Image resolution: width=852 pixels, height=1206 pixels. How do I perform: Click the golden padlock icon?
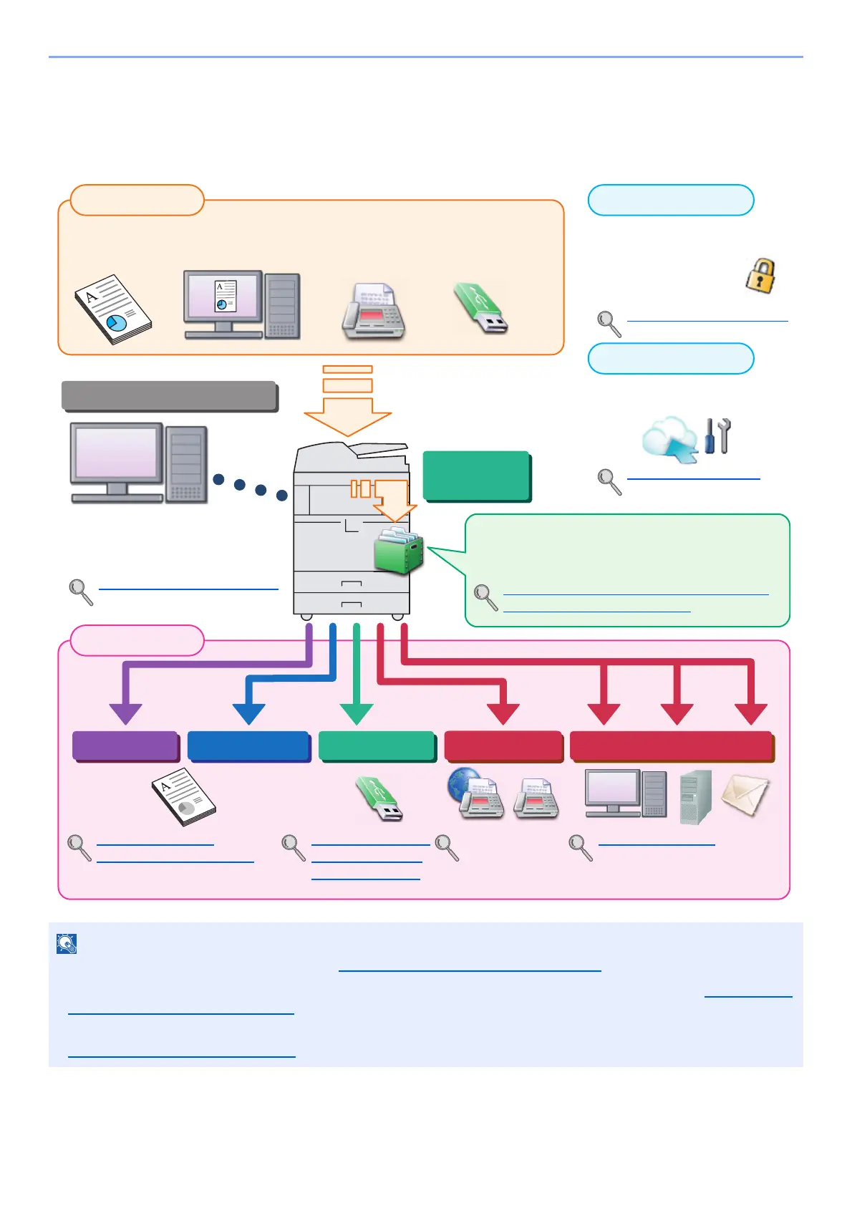760,276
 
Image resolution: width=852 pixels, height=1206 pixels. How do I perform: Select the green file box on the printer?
398,551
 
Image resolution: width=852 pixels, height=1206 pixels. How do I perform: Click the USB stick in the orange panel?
480,309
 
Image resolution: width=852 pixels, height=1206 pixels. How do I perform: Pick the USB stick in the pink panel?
379,799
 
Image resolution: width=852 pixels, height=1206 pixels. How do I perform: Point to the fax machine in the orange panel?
373,312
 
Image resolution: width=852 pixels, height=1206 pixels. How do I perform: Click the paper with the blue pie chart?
113,309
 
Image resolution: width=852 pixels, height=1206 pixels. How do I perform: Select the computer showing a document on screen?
241,304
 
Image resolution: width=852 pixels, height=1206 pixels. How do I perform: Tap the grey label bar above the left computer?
169,395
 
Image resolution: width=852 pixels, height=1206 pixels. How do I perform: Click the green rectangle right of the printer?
476,475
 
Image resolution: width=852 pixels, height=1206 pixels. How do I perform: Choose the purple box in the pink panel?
125,746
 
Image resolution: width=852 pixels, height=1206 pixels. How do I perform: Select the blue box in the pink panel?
248,746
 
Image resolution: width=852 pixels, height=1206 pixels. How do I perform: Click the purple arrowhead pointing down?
126,713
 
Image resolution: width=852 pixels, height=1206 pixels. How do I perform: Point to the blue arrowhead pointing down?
249,713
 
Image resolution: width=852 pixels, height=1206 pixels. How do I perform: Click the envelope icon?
745,795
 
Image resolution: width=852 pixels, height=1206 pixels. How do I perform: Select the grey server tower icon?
695,796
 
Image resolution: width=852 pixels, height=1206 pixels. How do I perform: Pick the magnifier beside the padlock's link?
609,324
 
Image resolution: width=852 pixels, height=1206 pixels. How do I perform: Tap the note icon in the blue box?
67,944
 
